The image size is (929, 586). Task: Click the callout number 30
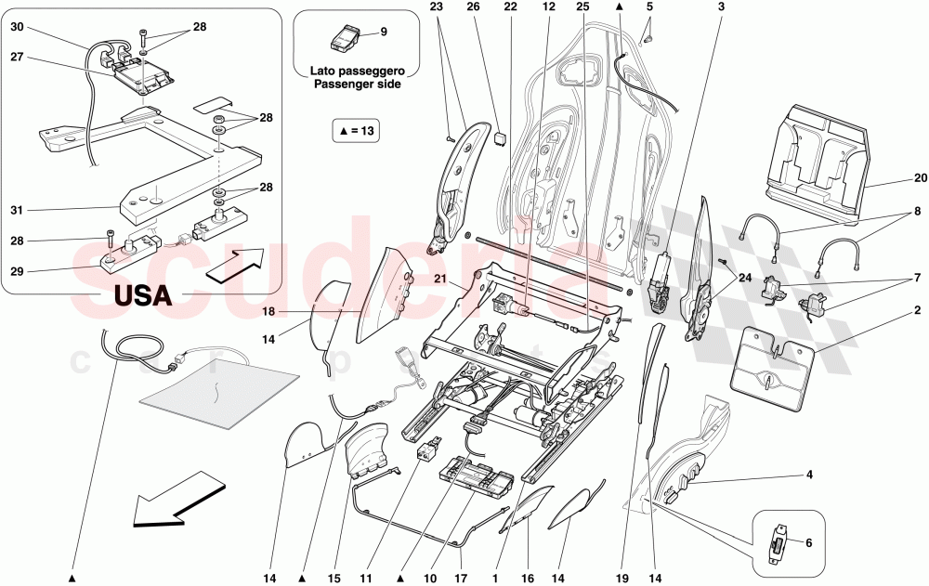[x=18, y=28]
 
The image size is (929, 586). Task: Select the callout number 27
[x=18, y=58]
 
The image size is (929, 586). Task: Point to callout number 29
[x=18, y=270]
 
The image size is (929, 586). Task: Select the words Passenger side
[x=357, y=84]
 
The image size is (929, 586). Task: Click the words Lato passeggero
[x=357, y=71]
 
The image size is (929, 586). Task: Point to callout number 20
[x=920, y=179]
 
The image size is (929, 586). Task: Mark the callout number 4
[x=808, y=476]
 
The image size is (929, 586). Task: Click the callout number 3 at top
[x=720, y=7]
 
